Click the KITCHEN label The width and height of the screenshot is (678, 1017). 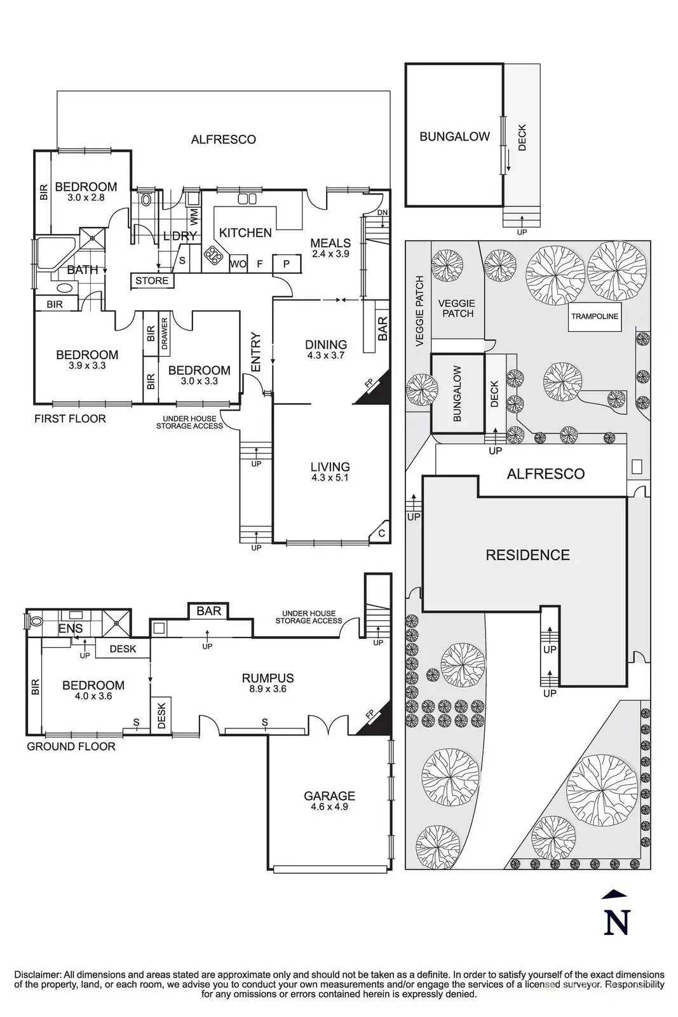[x=245, y=233]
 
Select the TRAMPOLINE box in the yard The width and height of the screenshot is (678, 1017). [x=595, y=317]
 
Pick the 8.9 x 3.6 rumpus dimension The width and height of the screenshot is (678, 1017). [x=268, y=689]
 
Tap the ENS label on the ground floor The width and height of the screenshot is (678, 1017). [x=71, y=629]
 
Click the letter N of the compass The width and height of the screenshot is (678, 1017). [x=617, y=921]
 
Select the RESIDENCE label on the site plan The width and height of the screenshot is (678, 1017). [x=528, y=555]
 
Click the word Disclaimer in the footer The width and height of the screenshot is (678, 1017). [x=38, y=974]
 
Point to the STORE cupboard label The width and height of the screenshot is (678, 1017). [x=152, y=280]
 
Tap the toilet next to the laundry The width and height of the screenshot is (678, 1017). [x=146, y=200]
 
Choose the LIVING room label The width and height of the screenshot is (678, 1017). [x=330, y=467]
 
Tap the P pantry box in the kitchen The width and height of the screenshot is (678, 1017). [x=287, y=263]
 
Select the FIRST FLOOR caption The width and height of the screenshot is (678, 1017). [x=70, y=419]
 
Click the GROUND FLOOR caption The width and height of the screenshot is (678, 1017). [x=71, y=746]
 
